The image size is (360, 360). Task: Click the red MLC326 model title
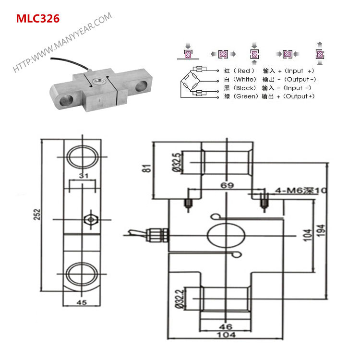click(x=38, y=19)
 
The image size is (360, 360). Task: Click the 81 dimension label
click(x=147, y=168)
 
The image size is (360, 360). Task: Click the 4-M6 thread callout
click(x=300, y=191)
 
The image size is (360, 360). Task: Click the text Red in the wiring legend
click(x=244, y=71)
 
